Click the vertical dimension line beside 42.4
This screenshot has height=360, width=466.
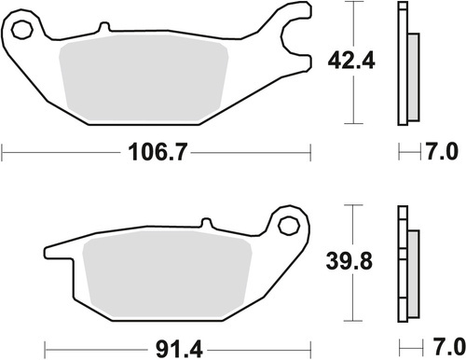click(354, 63)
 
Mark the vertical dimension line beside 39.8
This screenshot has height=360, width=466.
click(354, 263)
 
